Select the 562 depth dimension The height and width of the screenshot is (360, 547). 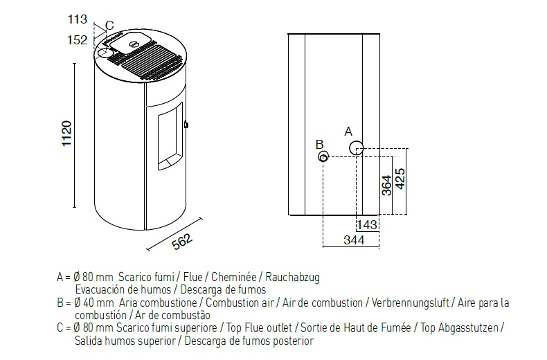pos(181,240)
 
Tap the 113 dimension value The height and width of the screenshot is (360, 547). pos(78,19)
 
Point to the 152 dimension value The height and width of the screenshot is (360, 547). pos(78,39)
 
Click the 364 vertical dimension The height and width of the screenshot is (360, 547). pos(387,184)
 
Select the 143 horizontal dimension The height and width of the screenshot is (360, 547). pos(367,224)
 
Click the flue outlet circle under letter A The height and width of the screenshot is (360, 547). pos(357,147)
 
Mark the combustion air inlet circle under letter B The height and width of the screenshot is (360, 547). pos(324,157)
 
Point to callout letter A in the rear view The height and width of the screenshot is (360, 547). pos(348,131)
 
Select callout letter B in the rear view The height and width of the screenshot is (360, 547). pos(319,144)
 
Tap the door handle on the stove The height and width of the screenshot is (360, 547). pos(186,125)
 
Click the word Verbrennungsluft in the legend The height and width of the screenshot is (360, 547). pos(411,303)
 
